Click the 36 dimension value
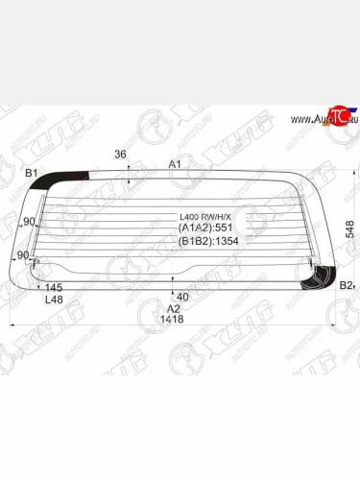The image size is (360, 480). pyautogui.click(x=120, y=154)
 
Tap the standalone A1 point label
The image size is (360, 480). pyautogui.click(x=175, y=164)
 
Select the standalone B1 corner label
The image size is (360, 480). pyautogui.click(x=31, y=173)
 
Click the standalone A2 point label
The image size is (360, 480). pyautogui.click(x=173, y=308)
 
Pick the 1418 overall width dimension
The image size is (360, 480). pyautogui.click(x=173, y=321)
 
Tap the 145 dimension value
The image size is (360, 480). pyautogui.click(x=54, y=288)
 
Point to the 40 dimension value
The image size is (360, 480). pyautogui.click(x=182, y=297)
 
